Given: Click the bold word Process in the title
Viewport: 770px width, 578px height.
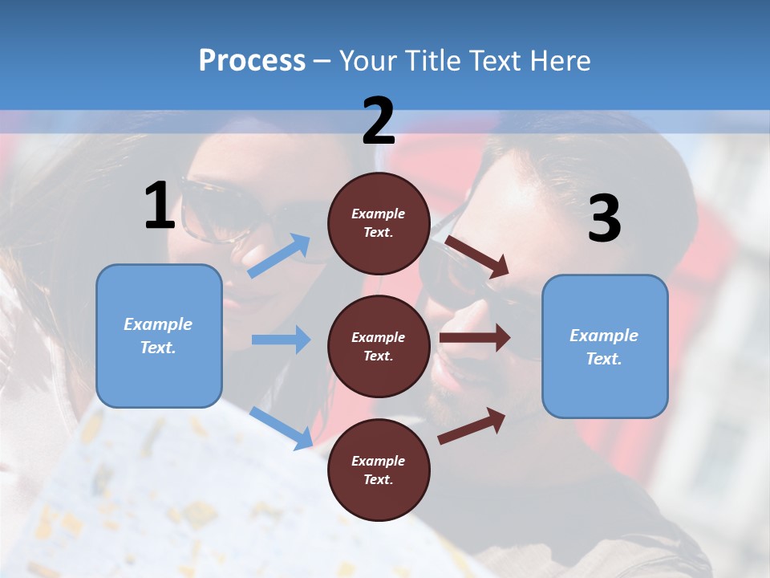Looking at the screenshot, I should click(252, 60).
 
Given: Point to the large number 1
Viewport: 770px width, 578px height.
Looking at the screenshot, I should click(160, 206).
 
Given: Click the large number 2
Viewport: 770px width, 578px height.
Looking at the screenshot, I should click(379, 121).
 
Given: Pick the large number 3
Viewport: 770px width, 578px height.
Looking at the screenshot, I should click(604, 218).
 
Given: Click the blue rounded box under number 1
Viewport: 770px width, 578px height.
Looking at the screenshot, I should click(159, 336).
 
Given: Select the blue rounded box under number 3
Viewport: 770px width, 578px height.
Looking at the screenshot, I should click(605, 347).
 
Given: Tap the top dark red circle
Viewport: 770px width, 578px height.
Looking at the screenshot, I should click(379, 223).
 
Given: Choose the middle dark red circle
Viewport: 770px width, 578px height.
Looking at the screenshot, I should click(379, 347).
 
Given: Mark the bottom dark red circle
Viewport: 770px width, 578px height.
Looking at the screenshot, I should click(379, 470).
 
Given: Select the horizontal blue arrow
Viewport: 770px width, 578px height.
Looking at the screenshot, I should click(282, 340).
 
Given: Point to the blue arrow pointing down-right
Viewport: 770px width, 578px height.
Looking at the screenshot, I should click(282, 427).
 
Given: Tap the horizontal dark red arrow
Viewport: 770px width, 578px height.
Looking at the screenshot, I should click(475, 337).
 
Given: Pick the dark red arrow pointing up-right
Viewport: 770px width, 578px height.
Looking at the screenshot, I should click(472, 425).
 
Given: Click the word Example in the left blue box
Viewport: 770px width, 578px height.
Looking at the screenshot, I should click(158, 324).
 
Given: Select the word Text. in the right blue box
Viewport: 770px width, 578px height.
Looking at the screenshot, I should click(604, 359).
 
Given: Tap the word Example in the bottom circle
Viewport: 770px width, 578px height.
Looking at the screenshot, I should click(379, 461).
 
